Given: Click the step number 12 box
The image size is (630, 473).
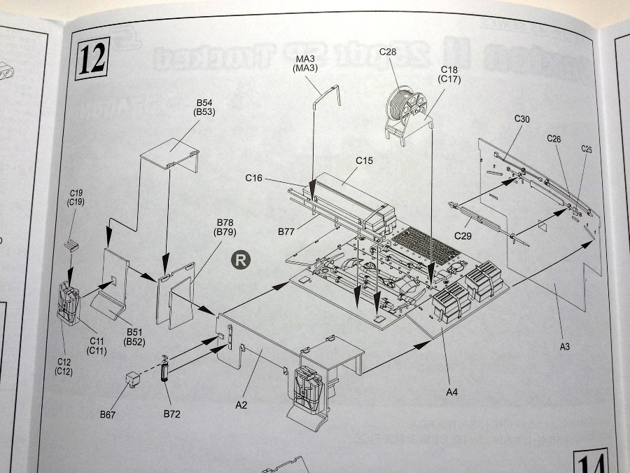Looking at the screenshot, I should (x=93, y=59).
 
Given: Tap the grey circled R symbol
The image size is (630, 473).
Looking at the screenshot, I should (x=239, y=260).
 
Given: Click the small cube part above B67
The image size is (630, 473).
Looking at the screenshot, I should (x=132, y=378).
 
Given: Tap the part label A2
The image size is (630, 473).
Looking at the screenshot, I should (x=241, y=404).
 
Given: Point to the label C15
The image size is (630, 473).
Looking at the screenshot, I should (x=364, y=160).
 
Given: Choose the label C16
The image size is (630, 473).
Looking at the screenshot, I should (x=255, y=179).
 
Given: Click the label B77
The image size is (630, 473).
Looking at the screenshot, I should (x=286, y=231).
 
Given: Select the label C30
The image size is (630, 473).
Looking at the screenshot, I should (x=522, y=119).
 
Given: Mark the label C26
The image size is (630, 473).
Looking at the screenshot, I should (x=554, y=139).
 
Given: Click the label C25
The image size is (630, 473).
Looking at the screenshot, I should (x=587, y=149).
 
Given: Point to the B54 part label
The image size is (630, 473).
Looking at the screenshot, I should (x=205, y=103).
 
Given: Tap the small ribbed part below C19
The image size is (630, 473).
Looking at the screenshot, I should (x=71, y=245).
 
